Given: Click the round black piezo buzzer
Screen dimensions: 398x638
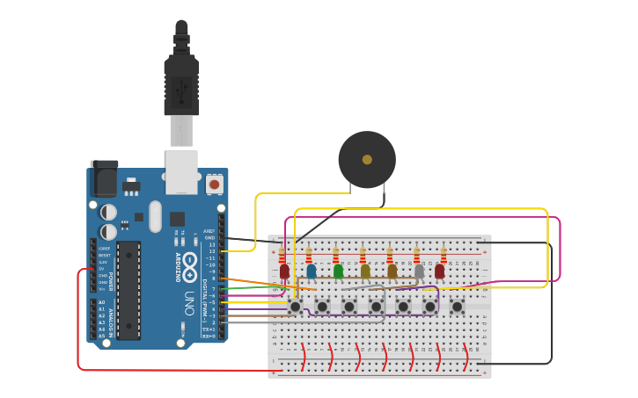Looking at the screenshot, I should point(367,159).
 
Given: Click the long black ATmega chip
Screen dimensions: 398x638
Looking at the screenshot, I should point(128,290).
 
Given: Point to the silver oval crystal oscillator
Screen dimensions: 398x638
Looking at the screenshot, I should point(156,217).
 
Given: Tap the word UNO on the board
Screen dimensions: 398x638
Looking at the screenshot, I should point(189,303).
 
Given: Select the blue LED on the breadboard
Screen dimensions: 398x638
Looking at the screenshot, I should point(311,271).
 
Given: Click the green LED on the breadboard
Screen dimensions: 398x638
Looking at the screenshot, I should point(338,271).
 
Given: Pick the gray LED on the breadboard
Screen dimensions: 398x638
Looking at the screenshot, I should point(419,271).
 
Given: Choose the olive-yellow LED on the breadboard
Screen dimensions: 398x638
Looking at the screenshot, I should point(365,271).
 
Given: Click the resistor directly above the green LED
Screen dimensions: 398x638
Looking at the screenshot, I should point(336,256).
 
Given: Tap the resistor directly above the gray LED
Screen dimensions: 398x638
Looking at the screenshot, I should point(417,256).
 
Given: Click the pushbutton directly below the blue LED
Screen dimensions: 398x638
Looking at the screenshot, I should point(322,306).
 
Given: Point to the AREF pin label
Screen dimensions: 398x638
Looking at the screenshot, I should point(209,231).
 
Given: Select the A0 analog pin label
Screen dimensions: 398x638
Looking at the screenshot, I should point(102,302).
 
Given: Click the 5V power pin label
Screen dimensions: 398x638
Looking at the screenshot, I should point(103,269).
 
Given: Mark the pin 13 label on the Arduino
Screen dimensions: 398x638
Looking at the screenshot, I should point(210,244).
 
